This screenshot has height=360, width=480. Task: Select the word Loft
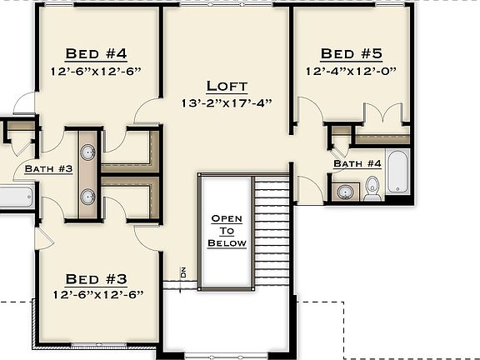coord(227,86)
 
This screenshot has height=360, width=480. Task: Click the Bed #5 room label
coord(351,54)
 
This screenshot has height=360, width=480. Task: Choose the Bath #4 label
coord(357,164)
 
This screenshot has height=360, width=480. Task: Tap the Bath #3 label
coord(49,169)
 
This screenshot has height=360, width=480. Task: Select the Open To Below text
coord(227,231)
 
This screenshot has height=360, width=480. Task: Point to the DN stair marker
coord(182,272)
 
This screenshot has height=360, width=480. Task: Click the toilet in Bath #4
coord(372,188)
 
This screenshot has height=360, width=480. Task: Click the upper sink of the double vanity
coord(87,152)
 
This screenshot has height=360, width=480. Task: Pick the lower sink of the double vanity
coord(87,197)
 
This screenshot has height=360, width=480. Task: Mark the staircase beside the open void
coord(271,233)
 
